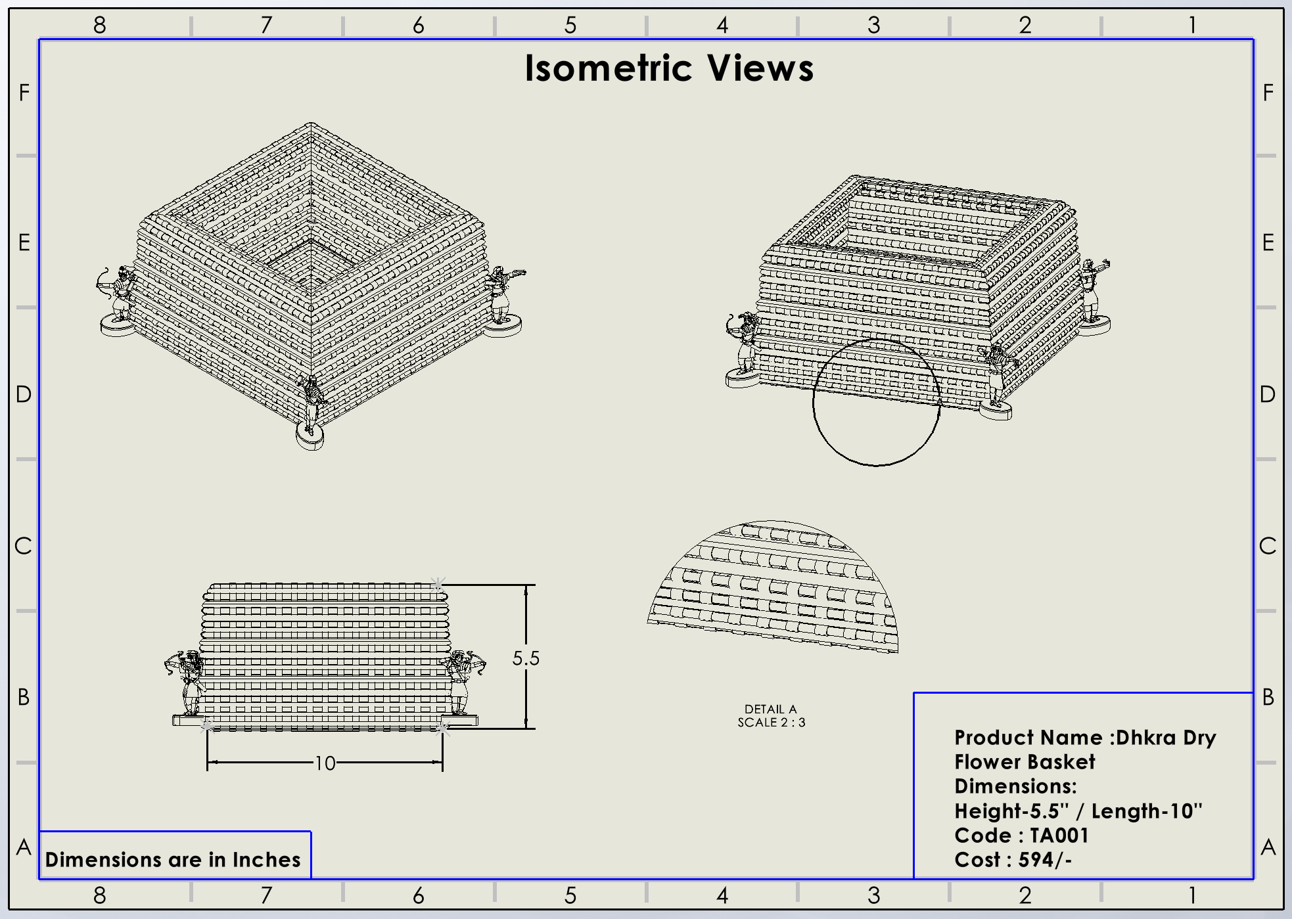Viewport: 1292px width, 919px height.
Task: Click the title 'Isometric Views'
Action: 669,68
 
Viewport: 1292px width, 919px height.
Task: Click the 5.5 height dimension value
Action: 526,658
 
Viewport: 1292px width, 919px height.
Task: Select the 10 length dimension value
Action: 325,763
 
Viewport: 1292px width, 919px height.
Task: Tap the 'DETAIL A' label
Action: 770,709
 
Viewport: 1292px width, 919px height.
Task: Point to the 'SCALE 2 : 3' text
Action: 771,723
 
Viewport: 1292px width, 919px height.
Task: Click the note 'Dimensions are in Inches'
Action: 173,860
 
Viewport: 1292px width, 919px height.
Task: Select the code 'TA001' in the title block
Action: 1059,836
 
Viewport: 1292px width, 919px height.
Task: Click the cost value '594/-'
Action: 1045,860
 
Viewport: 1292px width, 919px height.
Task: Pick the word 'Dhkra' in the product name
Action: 1146,738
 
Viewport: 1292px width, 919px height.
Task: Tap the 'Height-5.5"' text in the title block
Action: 1011,811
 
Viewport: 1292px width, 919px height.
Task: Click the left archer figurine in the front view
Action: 187,683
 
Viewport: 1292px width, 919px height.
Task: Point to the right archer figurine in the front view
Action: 463,683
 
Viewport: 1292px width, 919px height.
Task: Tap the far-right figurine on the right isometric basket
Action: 1093,292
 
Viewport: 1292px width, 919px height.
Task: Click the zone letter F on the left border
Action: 24,93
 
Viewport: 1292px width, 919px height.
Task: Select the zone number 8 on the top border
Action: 99,25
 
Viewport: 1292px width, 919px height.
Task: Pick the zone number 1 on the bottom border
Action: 1192,895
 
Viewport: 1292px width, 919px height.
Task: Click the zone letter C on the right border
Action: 1268,546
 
